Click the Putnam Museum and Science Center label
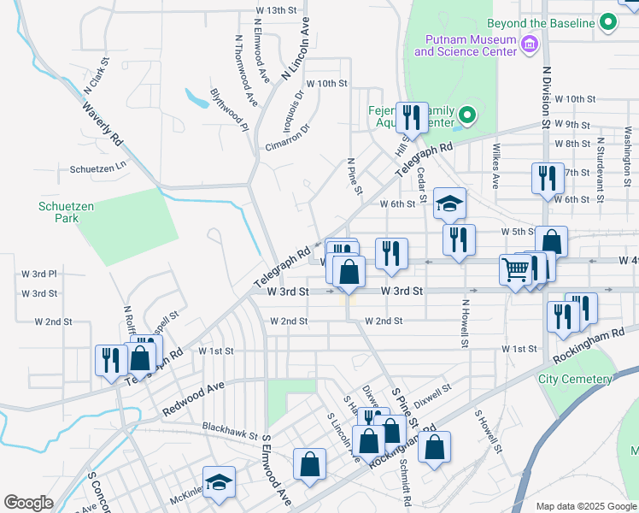466,45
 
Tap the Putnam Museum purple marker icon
529,43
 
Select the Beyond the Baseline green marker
608,22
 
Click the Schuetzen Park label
59,212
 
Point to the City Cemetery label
575,379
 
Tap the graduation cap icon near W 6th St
449,203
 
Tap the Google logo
28,503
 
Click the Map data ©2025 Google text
586,506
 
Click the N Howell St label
466,323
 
